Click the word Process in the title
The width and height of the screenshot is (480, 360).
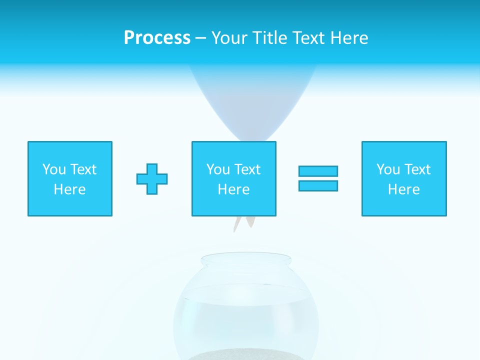click(157, 38)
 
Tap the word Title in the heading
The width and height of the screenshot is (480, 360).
click(269, 38)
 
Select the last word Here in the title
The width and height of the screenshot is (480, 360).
click(349, 38)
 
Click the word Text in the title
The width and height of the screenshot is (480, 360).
click(308, 38)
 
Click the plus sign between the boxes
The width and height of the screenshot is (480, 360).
click(152, 179)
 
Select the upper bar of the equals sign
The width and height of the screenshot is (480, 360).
click(318, 171)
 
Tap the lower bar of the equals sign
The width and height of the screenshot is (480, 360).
click(318, 185)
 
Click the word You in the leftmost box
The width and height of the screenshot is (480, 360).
click(54, 169)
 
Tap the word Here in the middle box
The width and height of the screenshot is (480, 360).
click(233, 189)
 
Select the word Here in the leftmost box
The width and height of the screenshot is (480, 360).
click(70, 189)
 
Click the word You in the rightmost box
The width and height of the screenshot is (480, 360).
click(388, 169)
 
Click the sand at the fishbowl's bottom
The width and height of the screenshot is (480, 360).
click(245, 355)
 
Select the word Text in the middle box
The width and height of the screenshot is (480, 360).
click(247, 169)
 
